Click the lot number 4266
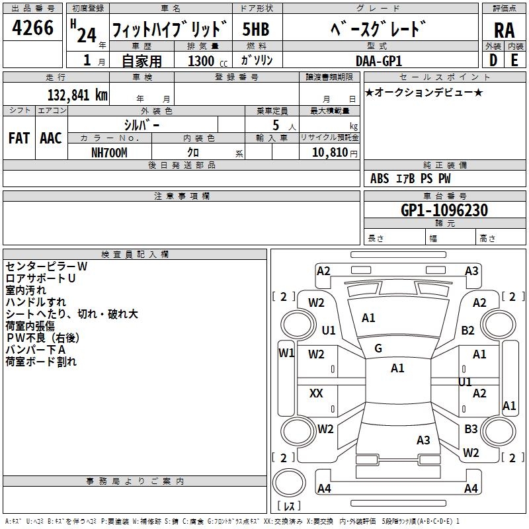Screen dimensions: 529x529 click(x=33, y=27)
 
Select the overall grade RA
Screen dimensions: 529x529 click(x=504, y=30)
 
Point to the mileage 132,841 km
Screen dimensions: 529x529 click(x=77, y=95)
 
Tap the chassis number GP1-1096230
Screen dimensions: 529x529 click(x=444, y=210)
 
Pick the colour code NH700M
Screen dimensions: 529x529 click(x=109, y=152)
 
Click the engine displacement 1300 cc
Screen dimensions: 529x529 click(x=206, y=61)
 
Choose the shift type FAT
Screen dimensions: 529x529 click(x=19, y=138)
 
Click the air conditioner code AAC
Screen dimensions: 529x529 click(x=50, y=138)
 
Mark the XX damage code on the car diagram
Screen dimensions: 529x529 click(x=316, y=393)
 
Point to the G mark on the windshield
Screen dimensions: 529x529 click(x=378, y=348)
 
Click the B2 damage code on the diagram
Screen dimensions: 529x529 click(x=468, y=331)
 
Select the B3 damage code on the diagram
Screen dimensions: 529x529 click(x=471, y=429)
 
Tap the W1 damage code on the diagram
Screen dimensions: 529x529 click(x=286, y=353)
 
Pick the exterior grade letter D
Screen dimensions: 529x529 click(x=492, y=60)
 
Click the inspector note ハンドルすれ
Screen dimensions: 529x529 click(x=32, y=302)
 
